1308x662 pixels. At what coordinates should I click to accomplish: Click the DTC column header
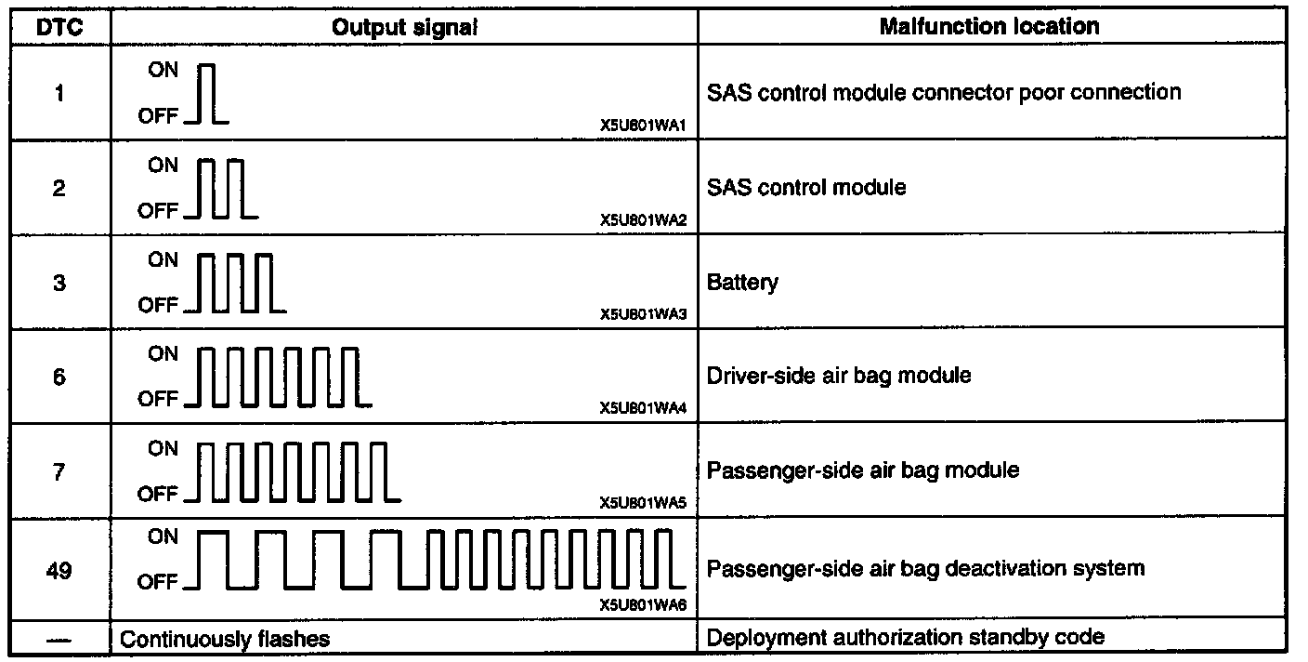pyautogui.click(x=59, y=28)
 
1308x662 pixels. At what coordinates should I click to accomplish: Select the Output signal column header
pyautogui.click(x=404, y=28)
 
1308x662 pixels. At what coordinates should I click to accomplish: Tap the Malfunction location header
pyautogui.click(x=988, y=27)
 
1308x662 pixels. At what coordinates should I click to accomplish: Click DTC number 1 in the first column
pyautogui.click(x=59, y=94)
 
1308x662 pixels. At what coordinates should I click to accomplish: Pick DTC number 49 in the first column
pyautogui.click(x=59, y=569)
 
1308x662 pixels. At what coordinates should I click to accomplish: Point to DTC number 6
pyautogui.click(x=59, y=377)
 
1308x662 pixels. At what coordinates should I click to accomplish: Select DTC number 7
pyautogui.click(x=59, y=472)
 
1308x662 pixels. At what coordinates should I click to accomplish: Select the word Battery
pyautogui.click(x=743, y=283)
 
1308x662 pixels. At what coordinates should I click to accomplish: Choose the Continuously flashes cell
pyautogui.click(x=226, y=639)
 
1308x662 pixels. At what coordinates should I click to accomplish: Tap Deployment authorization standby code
pyautogui.click(x=906, y=638)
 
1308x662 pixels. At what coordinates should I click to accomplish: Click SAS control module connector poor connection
pyautogui.click(x=944, y=93)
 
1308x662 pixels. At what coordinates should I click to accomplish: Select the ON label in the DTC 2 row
pyautogui.click(x=163, y=165)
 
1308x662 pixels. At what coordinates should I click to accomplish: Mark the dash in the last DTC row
pyautogui.click(x=59, y=639)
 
